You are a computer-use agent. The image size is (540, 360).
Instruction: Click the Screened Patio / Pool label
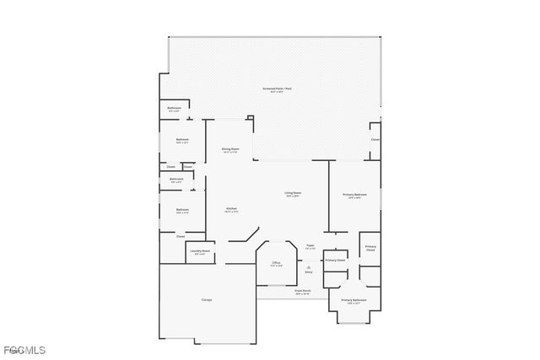click(x=275, y=89)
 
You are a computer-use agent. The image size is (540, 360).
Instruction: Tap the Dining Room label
click(x=230, y=149)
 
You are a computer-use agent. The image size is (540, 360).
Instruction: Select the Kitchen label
click(x=230, y=208)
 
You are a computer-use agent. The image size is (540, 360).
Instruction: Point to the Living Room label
click(x=293, y=193)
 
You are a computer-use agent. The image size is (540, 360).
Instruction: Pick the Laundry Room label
click(x=200, y=251)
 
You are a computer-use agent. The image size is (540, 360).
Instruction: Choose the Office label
click(x=276, y=263)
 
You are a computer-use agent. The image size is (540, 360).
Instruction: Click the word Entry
click(x=309, y=272)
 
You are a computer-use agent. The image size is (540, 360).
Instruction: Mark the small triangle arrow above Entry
click(x=309, y=266)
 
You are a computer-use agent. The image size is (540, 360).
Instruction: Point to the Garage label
click(x=207, y=300)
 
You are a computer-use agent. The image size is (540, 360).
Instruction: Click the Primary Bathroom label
click(x=354, y=300)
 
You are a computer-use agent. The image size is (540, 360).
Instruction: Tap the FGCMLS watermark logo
click(x=25, y=350)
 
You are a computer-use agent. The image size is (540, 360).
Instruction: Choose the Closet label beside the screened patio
click(x=375, y=139)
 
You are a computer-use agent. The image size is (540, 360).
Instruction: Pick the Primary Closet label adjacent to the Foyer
click(x=335, y=261)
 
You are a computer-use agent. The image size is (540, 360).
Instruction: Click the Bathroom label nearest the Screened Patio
click(x=175, y=108)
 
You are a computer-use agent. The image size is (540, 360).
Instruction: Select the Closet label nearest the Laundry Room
click(x=181, y=237)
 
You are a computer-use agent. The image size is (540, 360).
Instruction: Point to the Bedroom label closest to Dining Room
click(x=182, y=139)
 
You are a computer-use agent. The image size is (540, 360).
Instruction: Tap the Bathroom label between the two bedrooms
click(x=176, y=179)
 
